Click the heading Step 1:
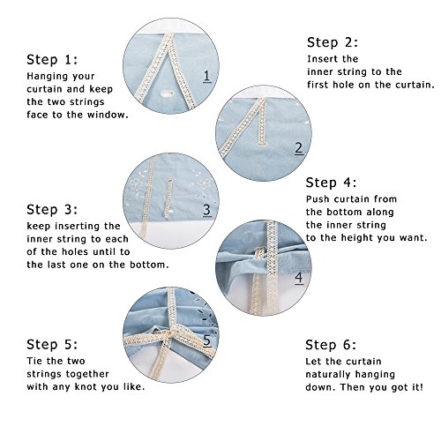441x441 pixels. point(53,60)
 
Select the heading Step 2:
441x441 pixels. point(333,41)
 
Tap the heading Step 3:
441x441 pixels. point(54,209)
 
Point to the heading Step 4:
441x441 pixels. point(333,183)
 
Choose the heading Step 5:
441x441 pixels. point(53,344)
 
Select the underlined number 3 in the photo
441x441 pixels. point(206,210)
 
